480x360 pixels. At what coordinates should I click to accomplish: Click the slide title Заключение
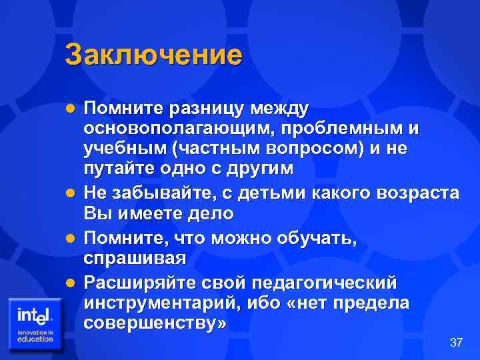coord(153,55)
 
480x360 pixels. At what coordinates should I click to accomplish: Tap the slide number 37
coord(456,343)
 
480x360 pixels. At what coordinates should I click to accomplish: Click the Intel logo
coord(35,323)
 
